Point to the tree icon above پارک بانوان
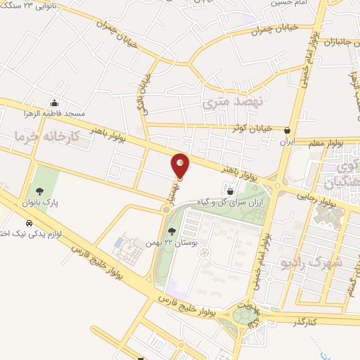pos(39,190)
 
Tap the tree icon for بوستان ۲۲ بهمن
pos(171,232)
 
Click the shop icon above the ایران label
pos(286,131)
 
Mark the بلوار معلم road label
pos(326,143)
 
